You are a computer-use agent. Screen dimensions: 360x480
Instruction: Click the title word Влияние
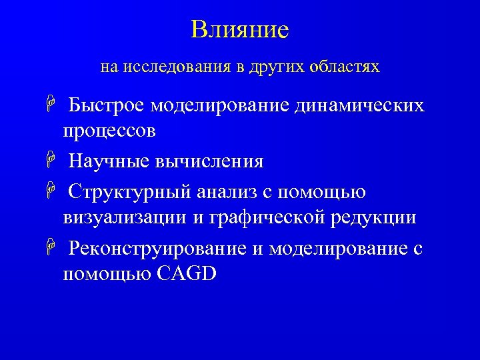(239, 30)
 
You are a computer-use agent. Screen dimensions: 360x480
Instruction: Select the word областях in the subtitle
(346, 67)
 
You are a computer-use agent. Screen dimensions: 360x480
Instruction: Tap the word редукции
(377, 217)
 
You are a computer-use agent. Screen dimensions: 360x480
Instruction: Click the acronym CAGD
(186, 273)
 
